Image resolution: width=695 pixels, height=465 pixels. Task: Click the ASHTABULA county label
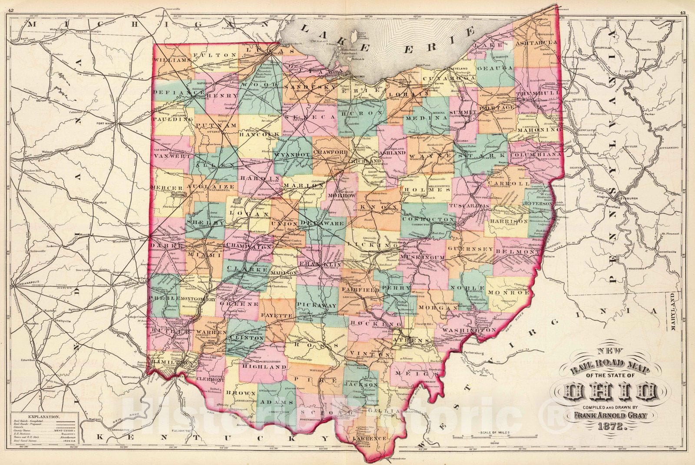(x=536, y=43)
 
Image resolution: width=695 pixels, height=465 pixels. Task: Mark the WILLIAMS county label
(x=173, y=60)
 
